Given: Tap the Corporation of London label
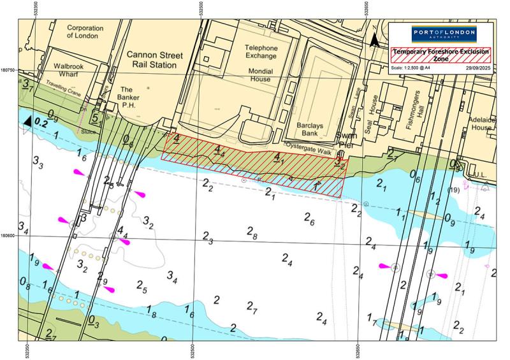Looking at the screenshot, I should pos(85,32).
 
